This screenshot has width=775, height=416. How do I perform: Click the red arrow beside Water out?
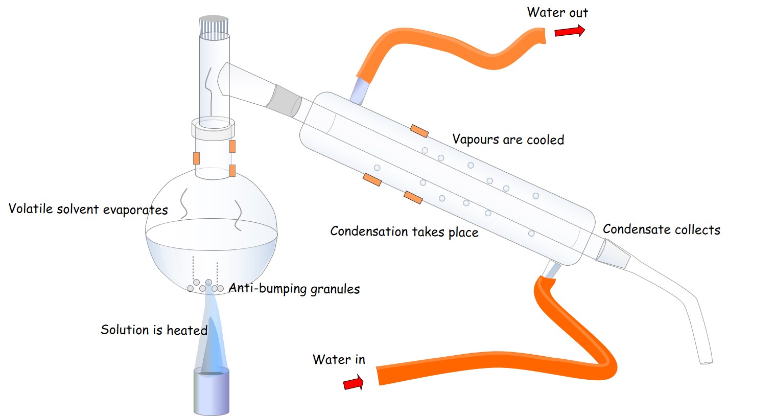[569, 31]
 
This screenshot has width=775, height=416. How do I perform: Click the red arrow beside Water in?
[353, 383]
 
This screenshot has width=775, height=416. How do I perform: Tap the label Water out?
[557, 12]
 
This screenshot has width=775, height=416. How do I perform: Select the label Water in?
[339, 359]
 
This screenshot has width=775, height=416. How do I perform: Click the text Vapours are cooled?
[508, 140]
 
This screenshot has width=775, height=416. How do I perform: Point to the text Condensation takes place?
[404, 232]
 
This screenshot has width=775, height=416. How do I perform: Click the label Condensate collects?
[661, 229]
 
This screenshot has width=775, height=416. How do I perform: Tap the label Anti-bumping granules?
[294, 289]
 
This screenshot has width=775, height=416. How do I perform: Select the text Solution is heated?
[154, 330]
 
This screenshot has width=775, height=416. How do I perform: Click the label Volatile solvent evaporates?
[88, 209]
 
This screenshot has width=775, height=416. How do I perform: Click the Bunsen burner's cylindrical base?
[211, 392]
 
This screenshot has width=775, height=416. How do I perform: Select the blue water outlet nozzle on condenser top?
[360, 90]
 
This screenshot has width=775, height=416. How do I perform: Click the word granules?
[335, 289]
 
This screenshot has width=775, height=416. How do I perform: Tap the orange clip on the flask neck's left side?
[196, 158]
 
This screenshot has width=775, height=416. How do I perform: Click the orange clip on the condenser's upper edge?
[419, 131]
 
